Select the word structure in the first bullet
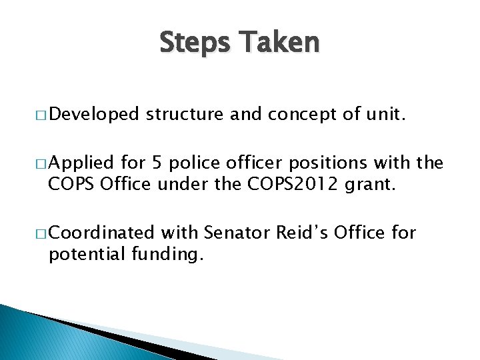[x=185, y=115]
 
